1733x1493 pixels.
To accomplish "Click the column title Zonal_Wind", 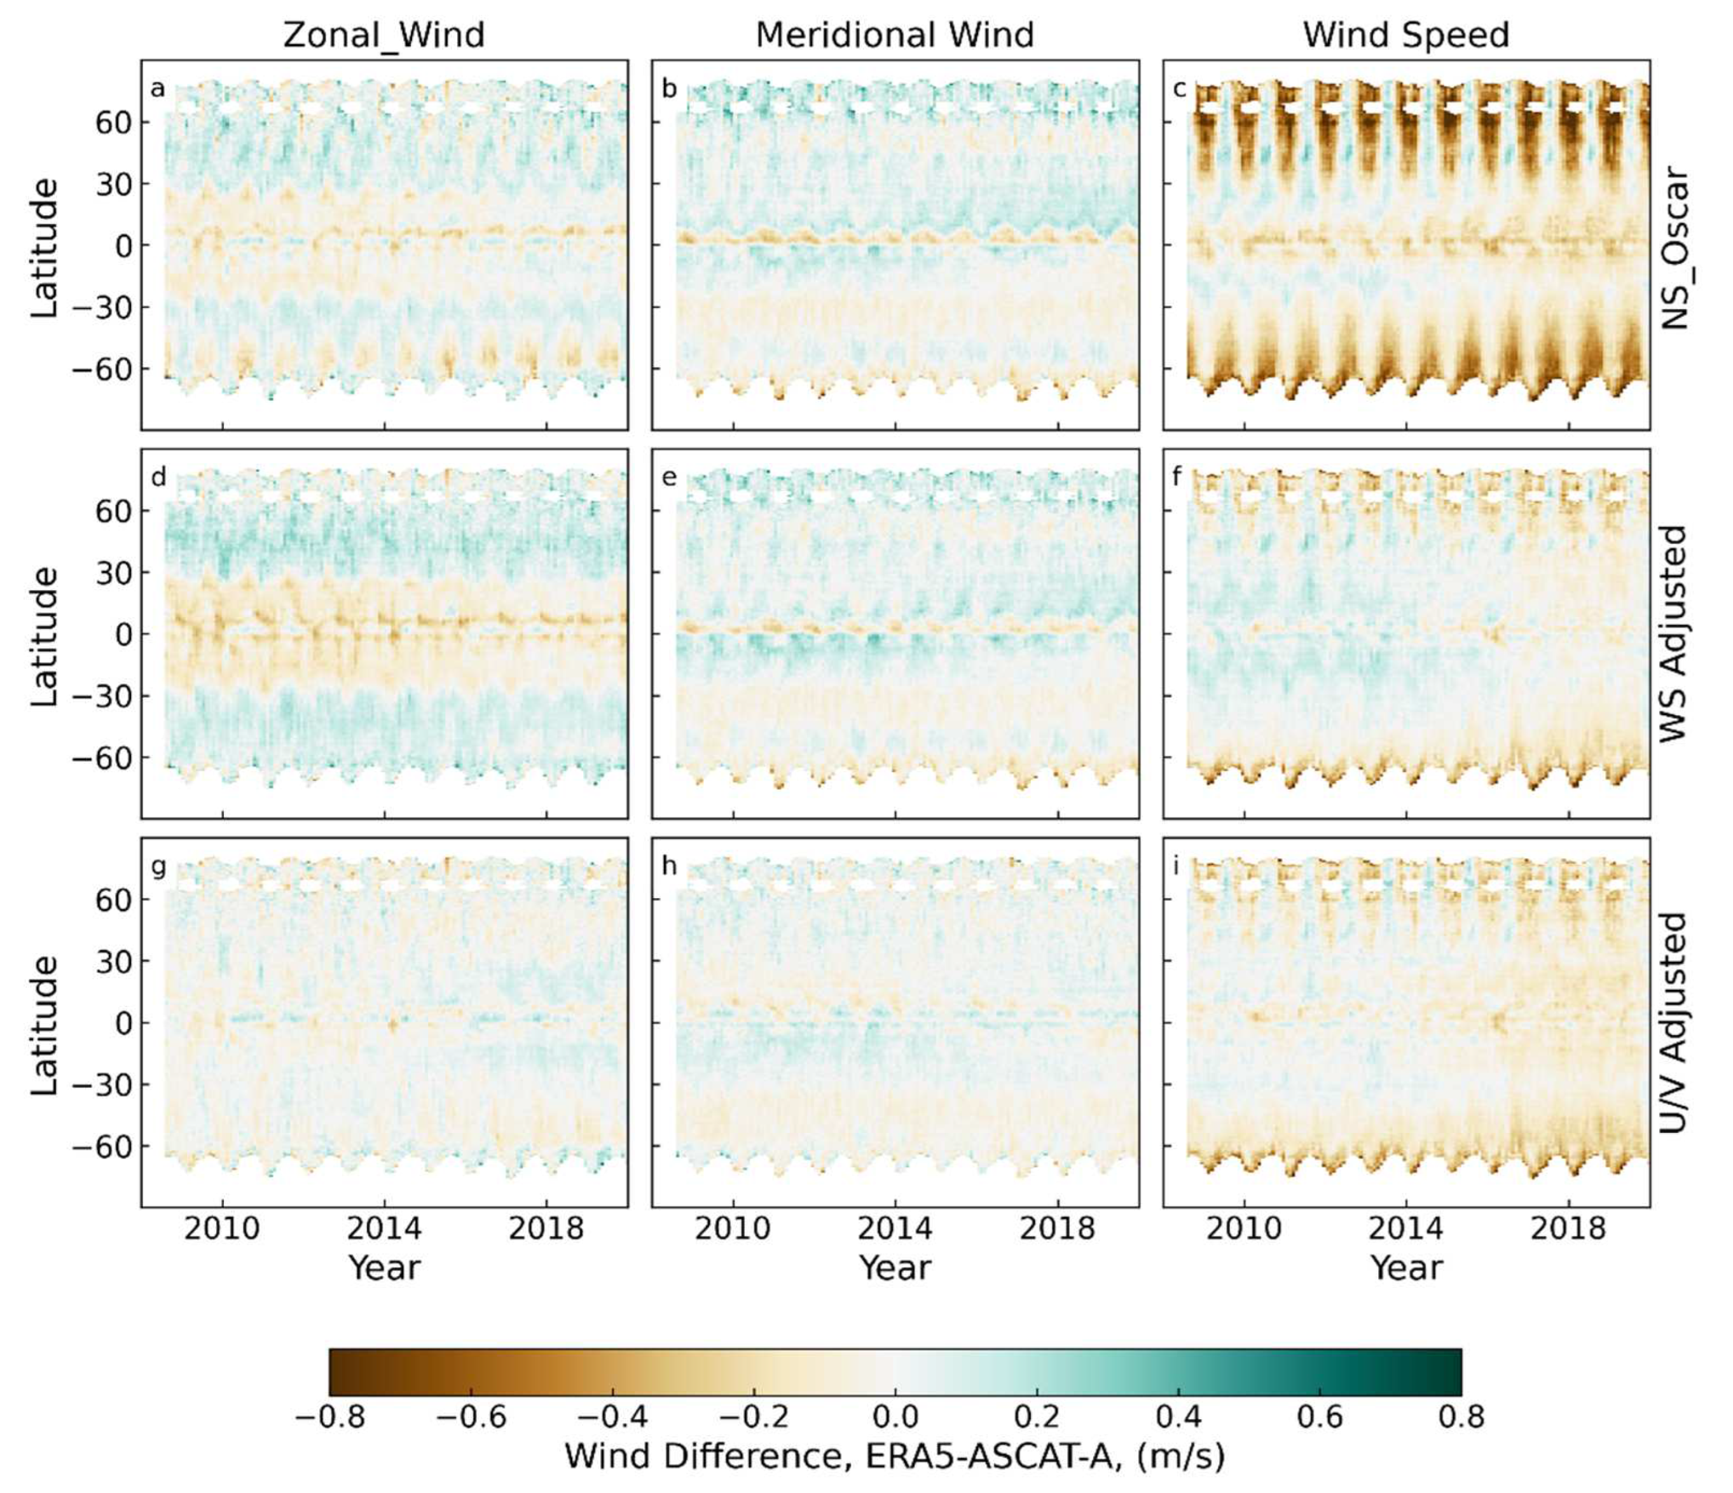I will tap(384, 35).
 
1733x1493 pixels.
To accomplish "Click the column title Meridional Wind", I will tap(894, 35).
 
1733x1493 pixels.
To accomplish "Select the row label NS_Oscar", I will tap(1674, 249).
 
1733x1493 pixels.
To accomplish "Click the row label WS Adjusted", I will tap(1674, 633).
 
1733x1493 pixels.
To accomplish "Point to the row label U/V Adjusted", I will tap(1674, 1022).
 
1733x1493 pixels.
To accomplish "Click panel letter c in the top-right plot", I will tap(1178, 88).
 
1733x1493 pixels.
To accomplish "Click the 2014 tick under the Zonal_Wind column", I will tap(384, 1229).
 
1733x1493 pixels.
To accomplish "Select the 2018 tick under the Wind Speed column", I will tap(1568, 1229).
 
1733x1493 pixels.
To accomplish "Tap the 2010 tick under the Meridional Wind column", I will tap(733, 1229).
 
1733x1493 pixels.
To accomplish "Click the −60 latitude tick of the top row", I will tap(100, 369).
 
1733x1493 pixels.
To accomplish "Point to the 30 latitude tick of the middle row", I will tap(114, 573).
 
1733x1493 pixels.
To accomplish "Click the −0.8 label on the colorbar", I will tap(329, 1417).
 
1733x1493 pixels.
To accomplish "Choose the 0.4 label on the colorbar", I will tap(1178, 1417).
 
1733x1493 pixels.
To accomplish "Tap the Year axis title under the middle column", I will tap(894, 1268).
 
